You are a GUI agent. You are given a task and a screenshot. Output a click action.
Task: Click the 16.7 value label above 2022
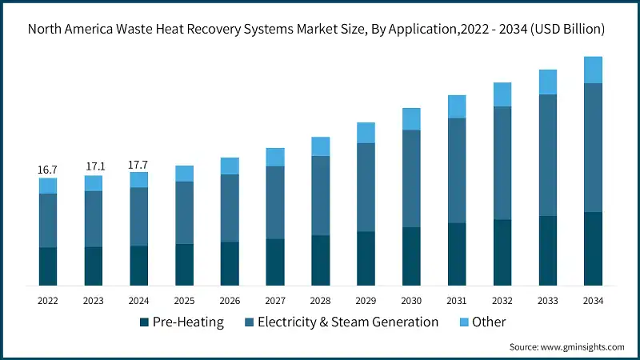47,170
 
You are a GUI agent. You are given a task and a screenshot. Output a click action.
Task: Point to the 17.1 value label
94,166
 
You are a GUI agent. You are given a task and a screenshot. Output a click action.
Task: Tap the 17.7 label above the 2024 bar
138,165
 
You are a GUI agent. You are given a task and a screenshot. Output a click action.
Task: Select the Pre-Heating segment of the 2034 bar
593,249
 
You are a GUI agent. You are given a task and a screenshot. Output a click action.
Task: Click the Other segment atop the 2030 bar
411,119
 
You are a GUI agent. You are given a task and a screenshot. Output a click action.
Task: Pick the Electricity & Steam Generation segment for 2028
320,195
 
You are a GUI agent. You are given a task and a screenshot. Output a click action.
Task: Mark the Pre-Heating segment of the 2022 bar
48,266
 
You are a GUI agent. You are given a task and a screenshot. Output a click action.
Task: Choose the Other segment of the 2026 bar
230,166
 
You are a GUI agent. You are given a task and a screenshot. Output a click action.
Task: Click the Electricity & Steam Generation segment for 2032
502,163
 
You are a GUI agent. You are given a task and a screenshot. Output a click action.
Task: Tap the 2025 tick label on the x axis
184,301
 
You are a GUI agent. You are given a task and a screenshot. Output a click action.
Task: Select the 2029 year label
366,301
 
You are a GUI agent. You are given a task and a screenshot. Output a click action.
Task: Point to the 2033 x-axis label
547,301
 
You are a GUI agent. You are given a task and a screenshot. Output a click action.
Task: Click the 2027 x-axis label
275,301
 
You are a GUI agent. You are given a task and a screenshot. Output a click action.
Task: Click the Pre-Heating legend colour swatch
144,322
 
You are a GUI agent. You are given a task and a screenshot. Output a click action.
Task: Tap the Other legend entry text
488,322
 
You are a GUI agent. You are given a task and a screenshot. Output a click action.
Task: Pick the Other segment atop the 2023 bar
94,183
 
